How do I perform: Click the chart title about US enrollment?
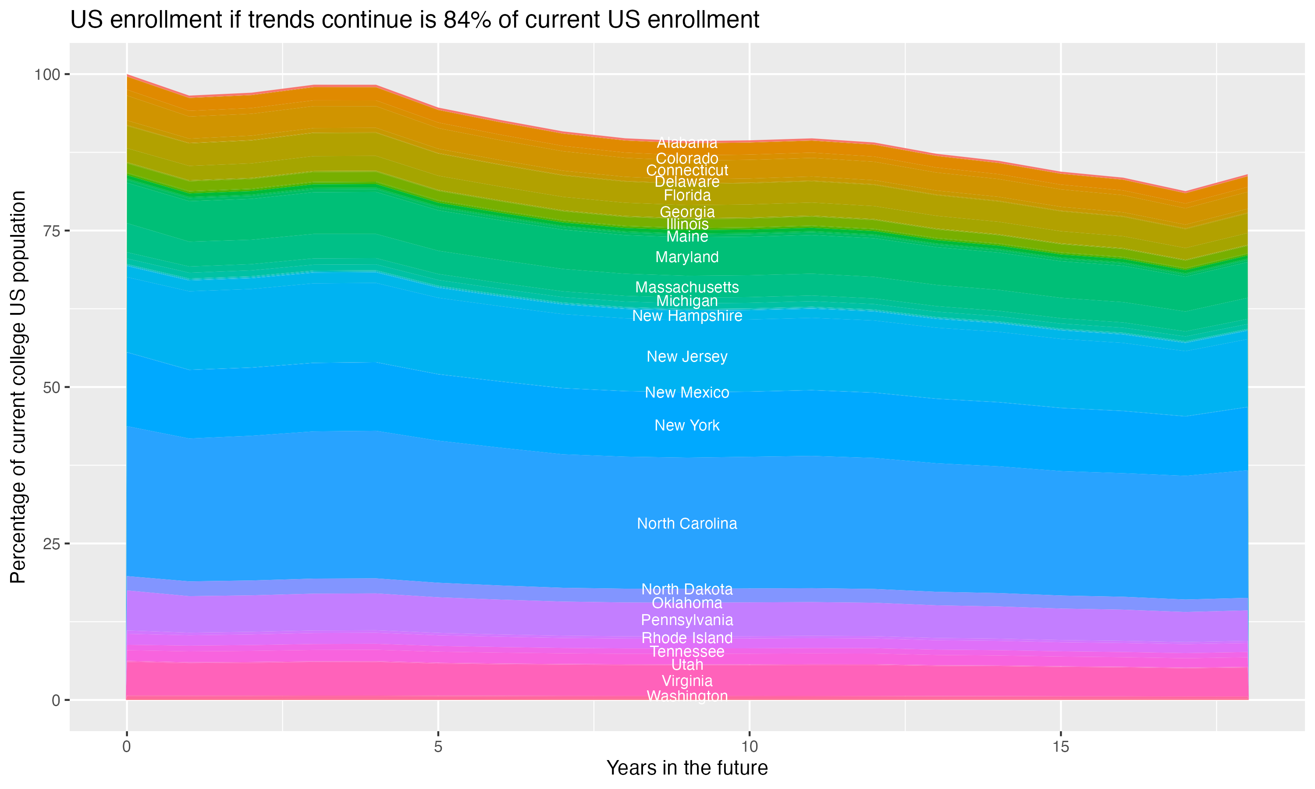point(415,20)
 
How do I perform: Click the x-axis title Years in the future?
point(687,768)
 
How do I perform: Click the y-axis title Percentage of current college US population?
point(18,387)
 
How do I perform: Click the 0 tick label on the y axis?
point(56,700)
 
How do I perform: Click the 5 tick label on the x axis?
point(438,747)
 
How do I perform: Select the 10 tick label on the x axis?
point(750,747)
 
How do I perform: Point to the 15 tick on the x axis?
point(1061,747)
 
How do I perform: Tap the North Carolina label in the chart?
point(687,524)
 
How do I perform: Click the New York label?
point(687,425)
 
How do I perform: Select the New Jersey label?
point(687,357)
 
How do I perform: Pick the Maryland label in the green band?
point(687,257)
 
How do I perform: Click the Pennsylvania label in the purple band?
point(687,620)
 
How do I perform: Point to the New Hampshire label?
point(687,316)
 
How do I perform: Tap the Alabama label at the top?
point(687,143)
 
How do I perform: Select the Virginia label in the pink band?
point(687,681)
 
